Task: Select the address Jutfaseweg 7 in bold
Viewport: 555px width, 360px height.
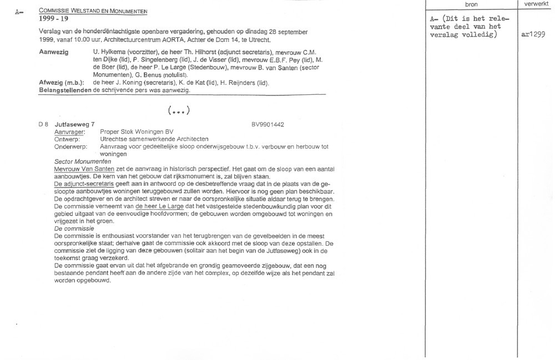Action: click(75, 125)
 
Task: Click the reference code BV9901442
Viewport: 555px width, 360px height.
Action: click(268, 125)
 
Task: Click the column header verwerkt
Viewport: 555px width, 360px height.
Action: click(535, 4)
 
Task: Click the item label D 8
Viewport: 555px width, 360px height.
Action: click(43, 125)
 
